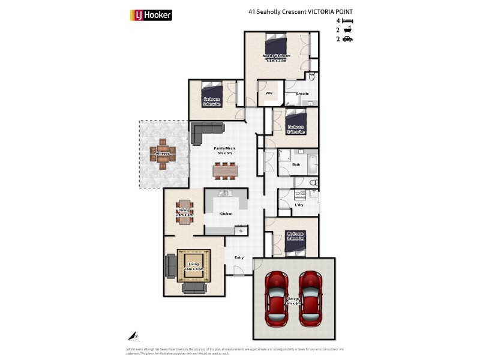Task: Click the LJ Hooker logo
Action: click(x=151, y=15)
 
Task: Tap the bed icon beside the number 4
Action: click(x=347, y=20)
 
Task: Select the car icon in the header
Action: click(x=347, y=39)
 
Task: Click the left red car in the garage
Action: click(x=277, y=298)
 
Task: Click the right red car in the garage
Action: click(x=311, y=298)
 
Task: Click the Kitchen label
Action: click(x=226, y=214)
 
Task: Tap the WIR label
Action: click(x=269, y=93)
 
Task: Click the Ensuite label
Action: click(x=302, y=94)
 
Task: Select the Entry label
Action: click(x=239, y=257)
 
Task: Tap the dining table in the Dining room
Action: click(x=184, y=211)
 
